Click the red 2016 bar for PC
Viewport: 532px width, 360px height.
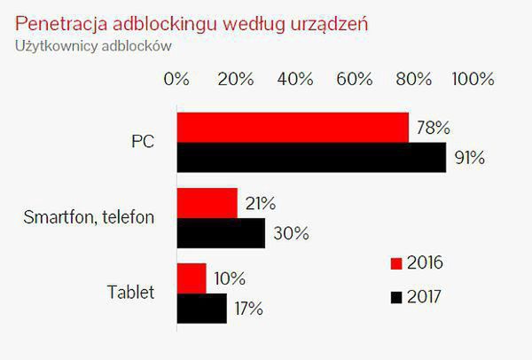[x=293, y=128]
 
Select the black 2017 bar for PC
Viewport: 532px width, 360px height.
[x=311, y=158]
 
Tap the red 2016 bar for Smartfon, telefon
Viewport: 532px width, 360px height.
[x=207, y=203]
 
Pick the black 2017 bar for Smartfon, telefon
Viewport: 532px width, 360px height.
[x=221, y=233]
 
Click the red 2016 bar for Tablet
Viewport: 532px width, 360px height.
[x=192, y=278]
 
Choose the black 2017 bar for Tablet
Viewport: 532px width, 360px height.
[x=202, y=309]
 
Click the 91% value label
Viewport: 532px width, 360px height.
[x=467, y=159]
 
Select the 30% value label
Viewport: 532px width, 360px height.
[x=289, y=234]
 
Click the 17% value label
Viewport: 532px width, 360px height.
[x=247, y=309]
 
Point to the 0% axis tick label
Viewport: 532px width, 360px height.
[x=177, y=79]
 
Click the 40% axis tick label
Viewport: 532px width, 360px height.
[x=295, y=79]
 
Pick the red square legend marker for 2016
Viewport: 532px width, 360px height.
[x=396, y=264]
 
